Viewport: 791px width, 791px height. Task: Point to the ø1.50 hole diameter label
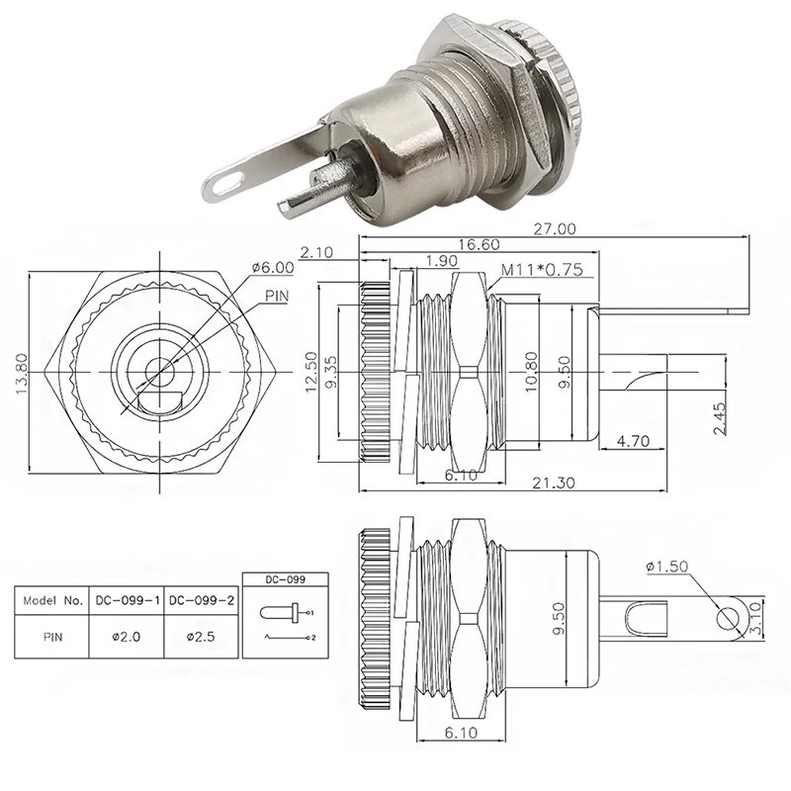[x=667, y=567]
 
